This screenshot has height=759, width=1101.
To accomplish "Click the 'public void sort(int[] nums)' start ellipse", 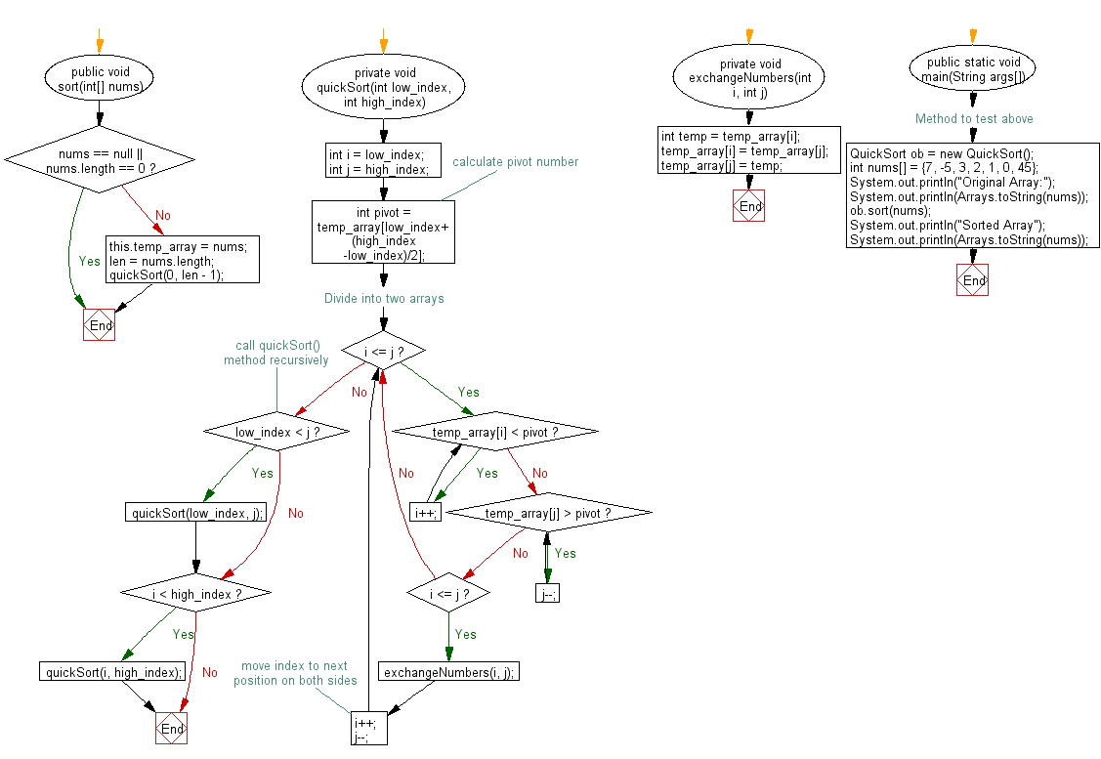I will (x=99, y=78).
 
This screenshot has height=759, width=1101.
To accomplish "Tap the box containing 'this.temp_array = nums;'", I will (x=183, y=261).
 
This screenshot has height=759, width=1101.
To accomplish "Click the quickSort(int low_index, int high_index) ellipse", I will (x=383, y=87).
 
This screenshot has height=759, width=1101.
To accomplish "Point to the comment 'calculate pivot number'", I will (x=515, y=162).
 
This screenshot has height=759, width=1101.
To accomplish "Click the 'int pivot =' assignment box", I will (x=383, y=232).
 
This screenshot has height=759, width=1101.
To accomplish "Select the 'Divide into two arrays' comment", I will (x=384, y=298).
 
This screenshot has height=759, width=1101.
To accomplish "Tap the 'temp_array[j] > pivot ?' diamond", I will (x=547, y=513).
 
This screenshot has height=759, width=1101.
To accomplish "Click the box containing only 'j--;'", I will (x=548, y=594).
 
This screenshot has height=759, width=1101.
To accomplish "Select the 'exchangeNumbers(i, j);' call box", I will (x=448, y=672).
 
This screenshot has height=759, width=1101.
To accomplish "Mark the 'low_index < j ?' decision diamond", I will (x=277, y=432).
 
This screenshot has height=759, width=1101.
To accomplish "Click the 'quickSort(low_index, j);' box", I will (x=196, y=513).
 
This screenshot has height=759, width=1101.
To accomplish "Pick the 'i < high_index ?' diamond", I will (x=196, y=593).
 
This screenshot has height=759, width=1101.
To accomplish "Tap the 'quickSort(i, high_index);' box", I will (x=113, y=672).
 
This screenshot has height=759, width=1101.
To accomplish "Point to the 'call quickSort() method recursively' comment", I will (x=276, y=353).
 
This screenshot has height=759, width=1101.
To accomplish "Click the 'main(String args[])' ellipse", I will (x=972, y=69).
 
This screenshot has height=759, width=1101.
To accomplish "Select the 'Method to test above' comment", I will (x=973, y=119).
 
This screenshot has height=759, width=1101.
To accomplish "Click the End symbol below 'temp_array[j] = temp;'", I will (x=749, y=206).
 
